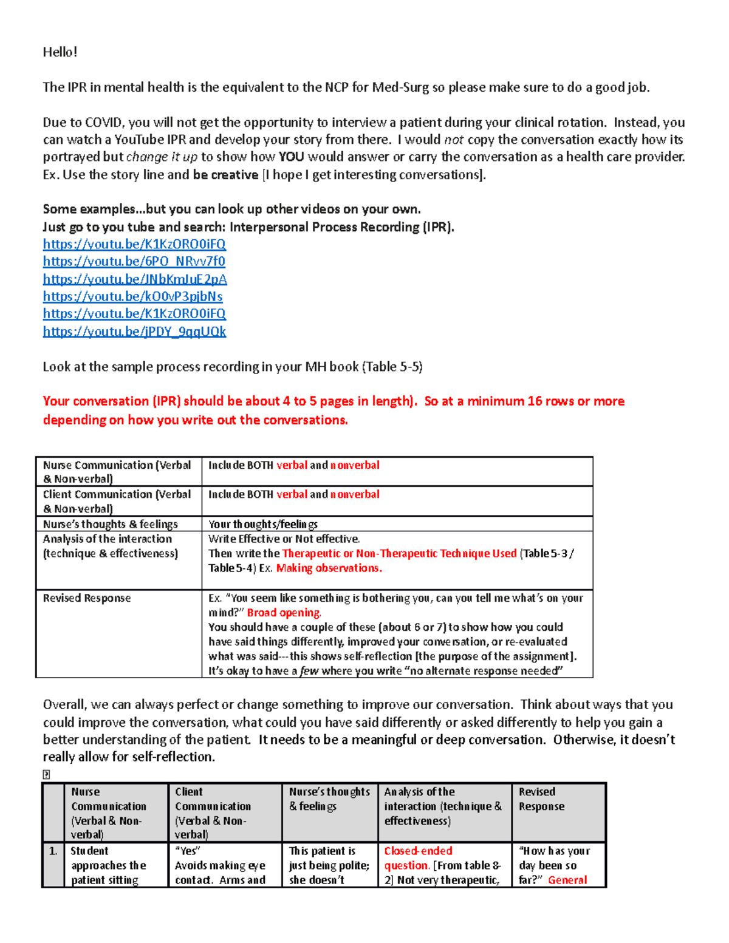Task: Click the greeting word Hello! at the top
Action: (x=60, y=52)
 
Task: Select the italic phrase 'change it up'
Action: (x=162, y=157)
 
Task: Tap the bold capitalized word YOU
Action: (x=291, y=157)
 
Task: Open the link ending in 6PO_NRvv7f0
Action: (x=134, y=262)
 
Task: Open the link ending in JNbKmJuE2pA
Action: (x=135, y=279)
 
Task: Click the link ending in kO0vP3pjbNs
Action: (x=132, y=297)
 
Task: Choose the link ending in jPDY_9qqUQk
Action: (x=134, y=332)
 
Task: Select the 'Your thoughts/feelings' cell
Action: (x=262, y=524)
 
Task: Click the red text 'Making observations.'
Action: (x=329, y=568)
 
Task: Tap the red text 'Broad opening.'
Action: (x=284, y=613)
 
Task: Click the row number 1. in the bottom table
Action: (x=53, y=851)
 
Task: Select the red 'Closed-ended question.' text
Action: (x=418, y=858)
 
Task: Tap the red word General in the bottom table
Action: (x=567, y=880)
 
